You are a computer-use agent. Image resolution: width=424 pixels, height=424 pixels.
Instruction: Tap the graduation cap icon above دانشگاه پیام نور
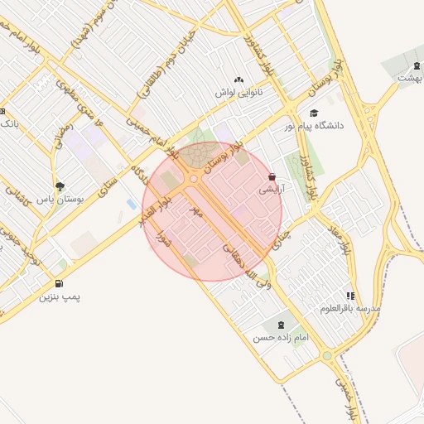pyautogui.click(x=313, y=113)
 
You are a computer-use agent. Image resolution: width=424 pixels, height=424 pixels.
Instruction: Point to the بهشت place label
pyautogui.click(x=407, y=77)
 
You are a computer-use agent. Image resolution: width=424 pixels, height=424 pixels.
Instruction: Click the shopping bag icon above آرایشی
pyautogui.click(x=272, y=176)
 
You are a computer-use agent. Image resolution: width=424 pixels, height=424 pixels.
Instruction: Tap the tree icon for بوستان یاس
pyautogui.click(x=59, y=186)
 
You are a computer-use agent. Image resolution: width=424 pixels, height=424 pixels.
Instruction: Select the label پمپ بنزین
pyautogui.click(x=62, y=296)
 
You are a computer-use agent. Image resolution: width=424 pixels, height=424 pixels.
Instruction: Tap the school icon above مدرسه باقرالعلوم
pyautogui.click(x=350, y=296)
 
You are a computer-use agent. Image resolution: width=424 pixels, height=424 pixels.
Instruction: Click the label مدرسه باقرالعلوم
pyautogui.click(x=349, y=308)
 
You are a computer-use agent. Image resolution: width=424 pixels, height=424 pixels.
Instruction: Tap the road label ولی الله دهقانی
pyautogui.click(x=245, y=264)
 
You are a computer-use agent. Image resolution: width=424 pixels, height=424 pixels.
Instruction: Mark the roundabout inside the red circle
pyautogui.click(x=194, y=178)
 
